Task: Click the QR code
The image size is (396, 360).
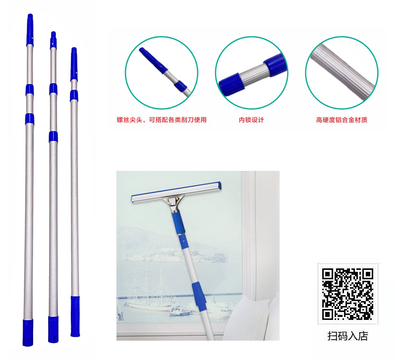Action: click(347, 294)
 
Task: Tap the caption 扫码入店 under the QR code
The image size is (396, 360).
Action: click(347, 336)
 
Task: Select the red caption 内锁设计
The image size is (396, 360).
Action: click(251, 120)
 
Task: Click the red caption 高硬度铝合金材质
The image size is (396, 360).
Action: click(342, 120)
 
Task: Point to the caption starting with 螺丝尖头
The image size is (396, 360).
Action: click(162, 120)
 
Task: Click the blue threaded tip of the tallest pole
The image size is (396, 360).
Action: click(30, 30)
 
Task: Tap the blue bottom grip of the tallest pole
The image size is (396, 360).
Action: click(28, 333)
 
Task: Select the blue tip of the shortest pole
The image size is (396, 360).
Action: click(74, 64)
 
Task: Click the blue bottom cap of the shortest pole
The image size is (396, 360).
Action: click(75, 316)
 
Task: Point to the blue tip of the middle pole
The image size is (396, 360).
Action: click(53, 41)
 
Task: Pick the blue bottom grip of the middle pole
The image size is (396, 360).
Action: click(53, 329)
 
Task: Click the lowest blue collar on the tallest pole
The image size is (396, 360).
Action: click(30, 119)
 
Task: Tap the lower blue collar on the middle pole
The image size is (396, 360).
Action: click(53, 137)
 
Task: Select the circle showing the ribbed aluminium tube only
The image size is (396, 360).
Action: click(342, 73)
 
